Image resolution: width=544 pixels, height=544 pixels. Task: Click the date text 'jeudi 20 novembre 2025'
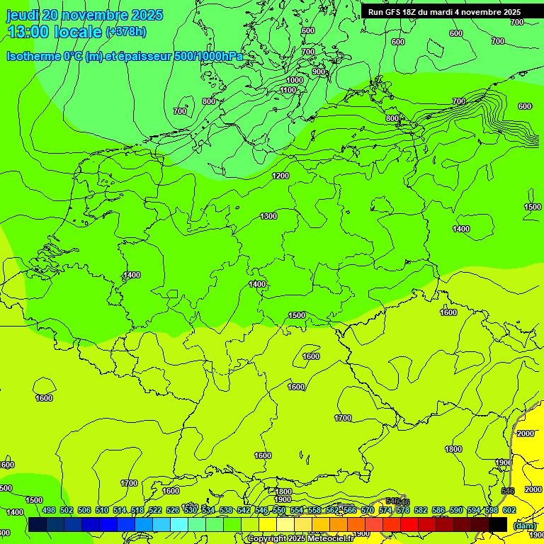click(x=84, y=15)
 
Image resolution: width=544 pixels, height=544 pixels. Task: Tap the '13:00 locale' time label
click(x=55, y=32)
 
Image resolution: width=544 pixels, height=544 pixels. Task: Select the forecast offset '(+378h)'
click(x=126, y=32)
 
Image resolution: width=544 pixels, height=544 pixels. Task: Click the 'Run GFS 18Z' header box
click(x=444, y=12)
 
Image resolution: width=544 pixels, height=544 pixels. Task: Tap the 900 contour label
click(x=318, y=72)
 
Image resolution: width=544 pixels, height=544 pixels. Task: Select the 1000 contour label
click(x=295, y=81)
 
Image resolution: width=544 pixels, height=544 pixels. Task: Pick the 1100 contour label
click(x=288, y=90)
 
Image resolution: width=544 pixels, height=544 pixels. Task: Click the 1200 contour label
click(x=280, y=176)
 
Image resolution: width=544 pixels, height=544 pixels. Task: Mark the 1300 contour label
click(x=268, y=216)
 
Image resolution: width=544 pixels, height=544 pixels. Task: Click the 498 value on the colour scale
click(x=49, y=510)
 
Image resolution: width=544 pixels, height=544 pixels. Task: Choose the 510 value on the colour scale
click(x=102, y=510)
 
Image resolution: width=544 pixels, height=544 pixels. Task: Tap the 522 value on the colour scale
click(x=155, y=510)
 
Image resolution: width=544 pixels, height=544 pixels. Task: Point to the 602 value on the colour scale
click(x=509, y=510)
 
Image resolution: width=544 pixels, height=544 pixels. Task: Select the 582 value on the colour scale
click(x=421, y=510)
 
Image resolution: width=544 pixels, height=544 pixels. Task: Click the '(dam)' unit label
click(x=524, y=525)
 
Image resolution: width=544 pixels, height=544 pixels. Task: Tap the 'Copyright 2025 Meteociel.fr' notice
click(x=300, y=539)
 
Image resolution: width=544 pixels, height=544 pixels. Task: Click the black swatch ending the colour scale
click(x=499, y=524)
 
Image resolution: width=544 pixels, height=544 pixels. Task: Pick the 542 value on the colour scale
click(x=244, y=510)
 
